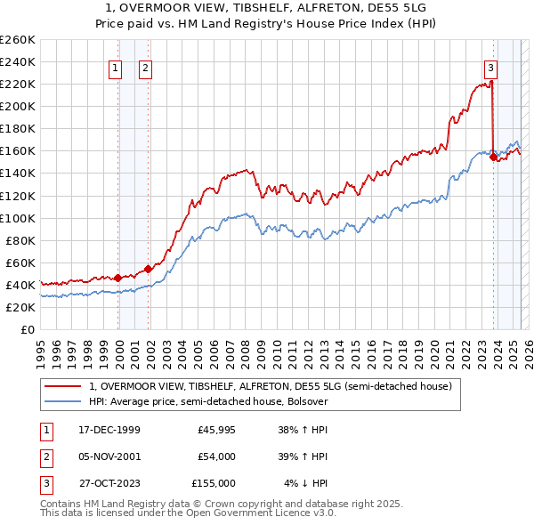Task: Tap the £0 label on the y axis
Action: [28, 329]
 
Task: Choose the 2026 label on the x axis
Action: [527, 347]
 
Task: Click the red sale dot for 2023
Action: [493, 157]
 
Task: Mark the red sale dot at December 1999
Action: [118, 278]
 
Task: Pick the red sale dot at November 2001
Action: [148, 269]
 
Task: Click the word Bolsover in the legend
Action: [307, 401]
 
